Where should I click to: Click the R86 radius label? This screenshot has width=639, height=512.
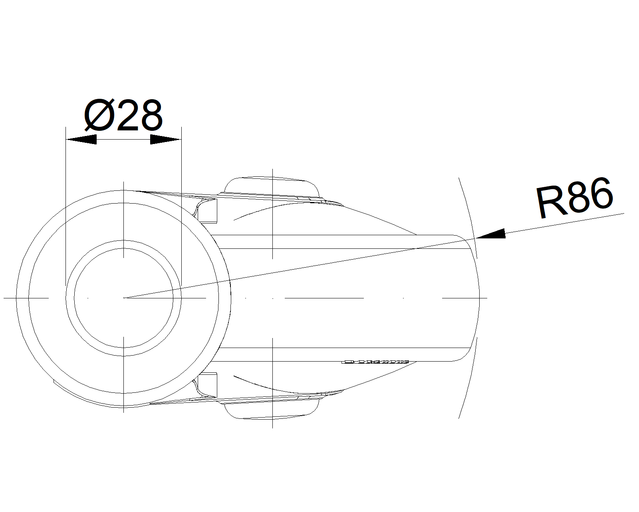click(574, 198)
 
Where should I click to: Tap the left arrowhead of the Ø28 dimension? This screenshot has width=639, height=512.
click(81, 140)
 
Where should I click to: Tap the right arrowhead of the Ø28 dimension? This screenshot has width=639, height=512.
click(165, 140)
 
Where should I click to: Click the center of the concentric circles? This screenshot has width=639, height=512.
click(124, 298)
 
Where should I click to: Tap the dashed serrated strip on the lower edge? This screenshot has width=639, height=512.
click(375, 362)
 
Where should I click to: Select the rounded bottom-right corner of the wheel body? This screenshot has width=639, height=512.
click(463, 357)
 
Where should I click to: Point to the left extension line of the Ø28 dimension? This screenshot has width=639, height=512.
click(65, 208)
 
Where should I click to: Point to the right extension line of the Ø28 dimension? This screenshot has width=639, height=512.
click(181, 208)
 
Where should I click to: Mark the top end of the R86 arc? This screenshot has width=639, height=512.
click(459, 178)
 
